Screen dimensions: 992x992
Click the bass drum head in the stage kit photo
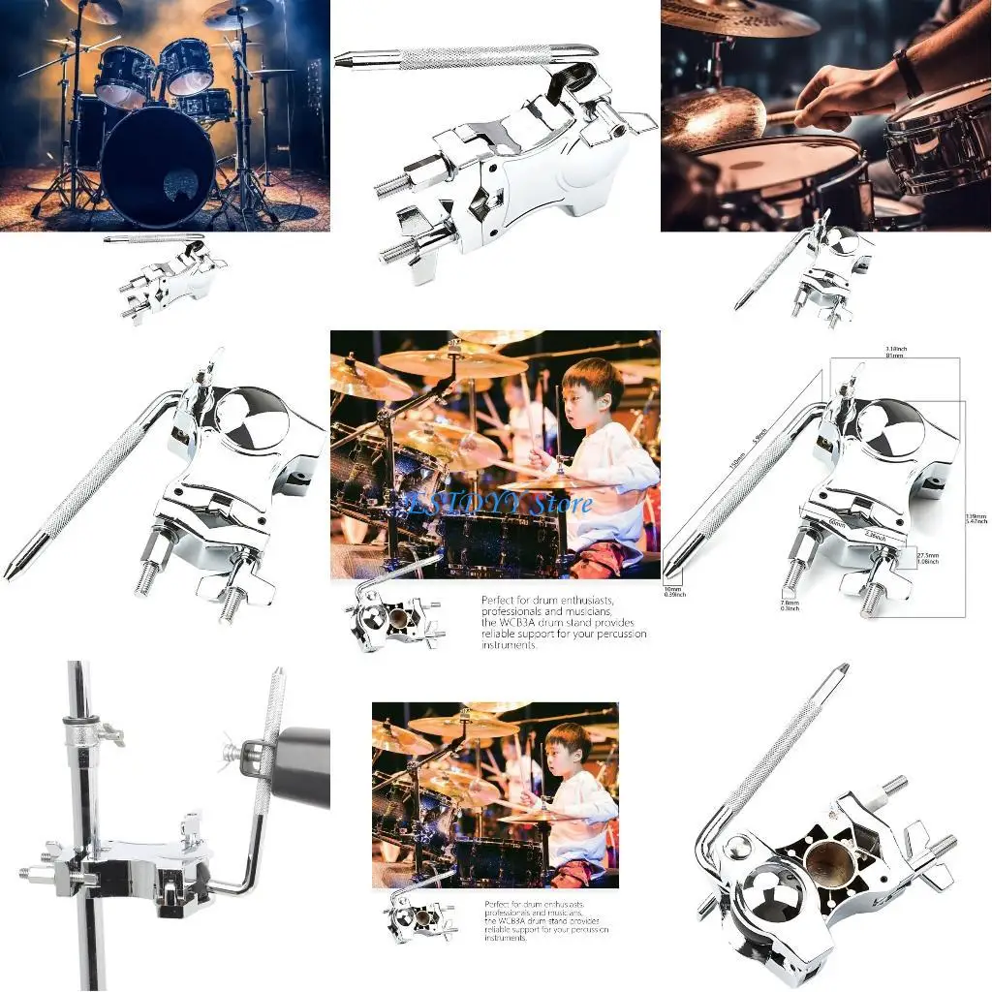pyautogui.click(x=158, y=166)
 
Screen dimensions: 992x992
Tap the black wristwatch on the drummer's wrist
pyautogui.click(x=908, y=73)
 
